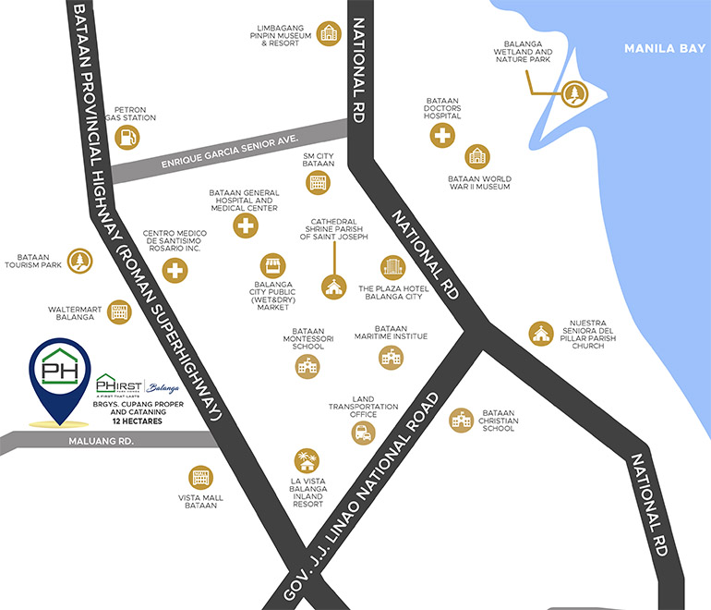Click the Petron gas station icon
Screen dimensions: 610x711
click(128, 137)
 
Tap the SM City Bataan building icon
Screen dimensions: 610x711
click(319, 182)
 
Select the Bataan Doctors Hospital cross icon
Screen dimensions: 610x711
click(442, 135)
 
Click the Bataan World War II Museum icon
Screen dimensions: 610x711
click(476, 156)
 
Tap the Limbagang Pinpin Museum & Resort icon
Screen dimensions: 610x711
click(328, 35)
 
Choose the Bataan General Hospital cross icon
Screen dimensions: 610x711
click(244, 226)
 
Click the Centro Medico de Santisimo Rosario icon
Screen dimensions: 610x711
click(175, 270)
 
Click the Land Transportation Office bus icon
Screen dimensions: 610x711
click(363, 433)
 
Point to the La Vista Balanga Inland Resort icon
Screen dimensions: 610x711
click(306, 460)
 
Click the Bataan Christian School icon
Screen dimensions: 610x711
click(461, 421)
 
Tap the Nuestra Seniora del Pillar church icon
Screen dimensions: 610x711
click(539, 334)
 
